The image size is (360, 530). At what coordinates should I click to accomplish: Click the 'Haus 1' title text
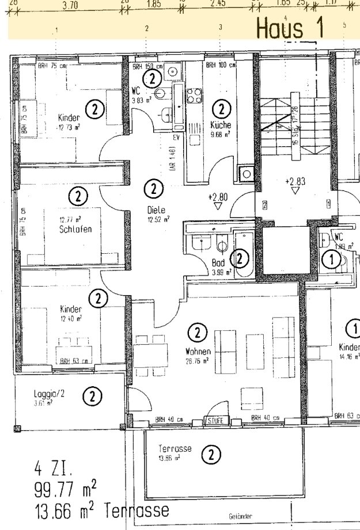(x=290, y=28)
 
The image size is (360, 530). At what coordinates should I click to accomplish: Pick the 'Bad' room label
(x=218, y=262)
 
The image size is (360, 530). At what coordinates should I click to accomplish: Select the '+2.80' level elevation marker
(x=218, y=197)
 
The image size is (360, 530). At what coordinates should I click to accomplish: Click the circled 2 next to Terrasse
(x=211, y=455)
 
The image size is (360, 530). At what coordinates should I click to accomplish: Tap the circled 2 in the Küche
(x=221, y=108)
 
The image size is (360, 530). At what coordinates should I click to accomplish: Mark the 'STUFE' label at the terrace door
(x=217, y=421)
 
